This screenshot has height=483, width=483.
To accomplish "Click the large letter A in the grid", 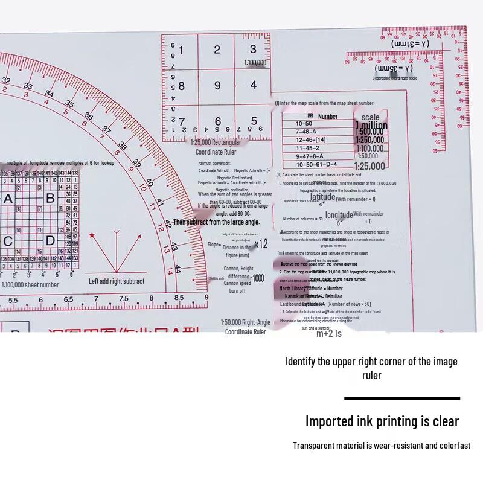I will tap(8, 199).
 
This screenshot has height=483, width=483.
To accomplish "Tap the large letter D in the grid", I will tap(51, 241).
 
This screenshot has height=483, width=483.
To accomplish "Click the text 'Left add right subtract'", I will tap(117, 281).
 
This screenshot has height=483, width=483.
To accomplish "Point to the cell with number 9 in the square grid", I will tap(217, 85).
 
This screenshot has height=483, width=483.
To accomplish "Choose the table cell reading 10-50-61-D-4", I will tap(316, 164).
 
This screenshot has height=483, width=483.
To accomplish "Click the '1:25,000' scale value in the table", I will tap(369, 167).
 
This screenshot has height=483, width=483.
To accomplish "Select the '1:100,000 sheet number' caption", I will tap(30, 284).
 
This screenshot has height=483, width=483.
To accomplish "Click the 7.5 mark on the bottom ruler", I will tap(123, 299).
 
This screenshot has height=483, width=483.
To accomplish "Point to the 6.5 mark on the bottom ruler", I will tap(68, 299).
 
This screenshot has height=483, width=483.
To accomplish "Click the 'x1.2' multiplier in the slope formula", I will tap(261, 244).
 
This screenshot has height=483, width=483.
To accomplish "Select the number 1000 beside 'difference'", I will tap(258, 278).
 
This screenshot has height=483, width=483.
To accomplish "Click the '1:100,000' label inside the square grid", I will tap(255, 63).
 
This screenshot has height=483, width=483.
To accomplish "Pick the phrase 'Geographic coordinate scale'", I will tap(394, 78).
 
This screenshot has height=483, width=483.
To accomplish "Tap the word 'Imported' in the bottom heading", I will tap(332, 421).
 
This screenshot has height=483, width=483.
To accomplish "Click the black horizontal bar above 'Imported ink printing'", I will tap(402, 398).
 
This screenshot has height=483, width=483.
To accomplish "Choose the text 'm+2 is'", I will tap(329, 333).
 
